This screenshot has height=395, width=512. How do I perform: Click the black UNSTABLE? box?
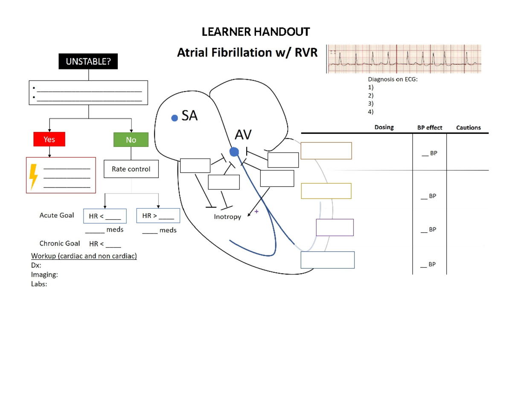(88, 62)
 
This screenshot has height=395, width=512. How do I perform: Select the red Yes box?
(49, 139)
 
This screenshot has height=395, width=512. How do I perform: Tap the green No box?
(131, 139)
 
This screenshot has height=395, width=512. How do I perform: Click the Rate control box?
(131, 169)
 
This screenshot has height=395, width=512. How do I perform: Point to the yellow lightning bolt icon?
(34, 176)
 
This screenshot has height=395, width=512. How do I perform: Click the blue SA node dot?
(174, 118)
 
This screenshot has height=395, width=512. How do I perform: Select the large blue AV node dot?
(234, 151)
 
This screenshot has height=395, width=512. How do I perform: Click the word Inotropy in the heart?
(227, 217)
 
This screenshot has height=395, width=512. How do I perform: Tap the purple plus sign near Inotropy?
(256, 211)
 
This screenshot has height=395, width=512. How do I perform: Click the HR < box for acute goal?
(105, 216)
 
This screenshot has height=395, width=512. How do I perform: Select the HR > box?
(158, 216)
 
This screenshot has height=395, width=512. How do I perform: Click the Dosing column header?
(384, 127)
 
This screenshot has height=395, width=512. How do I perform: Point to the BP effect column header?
(430, 127)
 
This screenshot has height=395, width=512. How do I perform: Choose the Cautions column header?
(468, 127)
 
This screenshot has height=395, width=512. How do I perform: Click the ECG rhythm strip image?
(404, 59)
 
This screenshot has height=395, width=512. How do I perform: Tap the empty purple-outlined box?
(335, 227)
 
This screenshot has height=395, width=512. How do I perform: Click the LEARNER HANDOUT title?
(256, 32)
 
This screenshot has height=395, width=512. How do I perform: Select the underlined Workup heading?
(84, 256)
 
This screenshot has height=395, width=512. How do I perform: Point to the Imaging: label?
(44, 275)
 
